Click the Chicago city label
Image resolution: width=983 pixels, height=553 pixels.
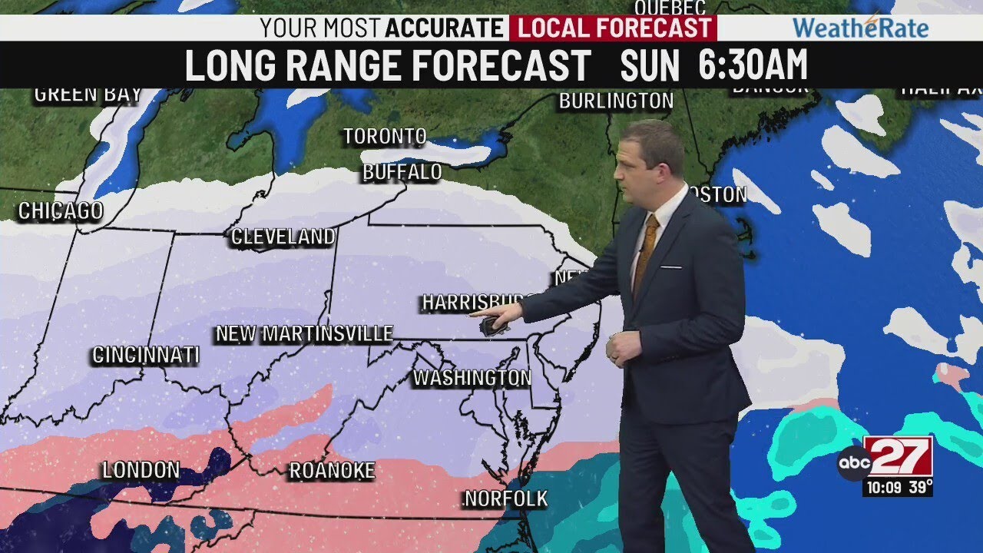pos(60,211)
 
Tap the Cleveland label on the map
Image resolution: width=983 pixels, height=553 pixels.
pos(283,237)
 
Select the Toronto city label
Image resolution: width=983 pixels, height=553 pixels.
pos(384,137)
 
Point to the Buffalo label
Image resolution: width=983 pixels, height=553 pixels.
pos(402,172)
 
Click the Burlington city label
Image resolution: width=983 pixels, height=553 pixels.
pos(616,101)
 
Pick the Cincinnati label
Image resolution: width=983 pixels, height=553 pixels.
pos(145,356)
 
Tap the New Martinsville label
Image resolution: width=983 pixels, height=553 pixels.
pos(304,334)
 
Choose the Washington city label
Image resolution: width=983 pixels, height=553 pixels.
pos(472,378)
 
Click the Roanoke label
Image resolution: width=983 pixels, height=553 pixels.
pos(332,471)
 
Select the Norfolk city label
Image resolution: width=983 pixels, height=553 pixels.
pos(506,499)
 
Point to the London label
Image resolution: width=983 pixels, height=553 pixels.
pos(141,470)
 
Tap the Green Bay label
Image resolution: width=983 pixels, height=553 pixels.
pos(88,95)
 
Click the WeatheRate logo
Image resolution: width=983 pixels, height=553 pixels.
pos(860,28)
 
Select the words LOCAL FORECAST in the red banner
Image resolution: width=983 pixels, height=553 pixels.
pos(611,28)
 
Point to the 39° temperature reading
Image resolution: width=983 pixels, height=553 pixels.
pos(920,487)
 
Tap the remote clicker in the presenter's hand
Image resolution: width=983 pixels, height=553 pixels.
pos(492,326)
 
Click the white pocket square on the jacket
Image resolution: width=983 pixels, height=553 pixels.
pos(670,267)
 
